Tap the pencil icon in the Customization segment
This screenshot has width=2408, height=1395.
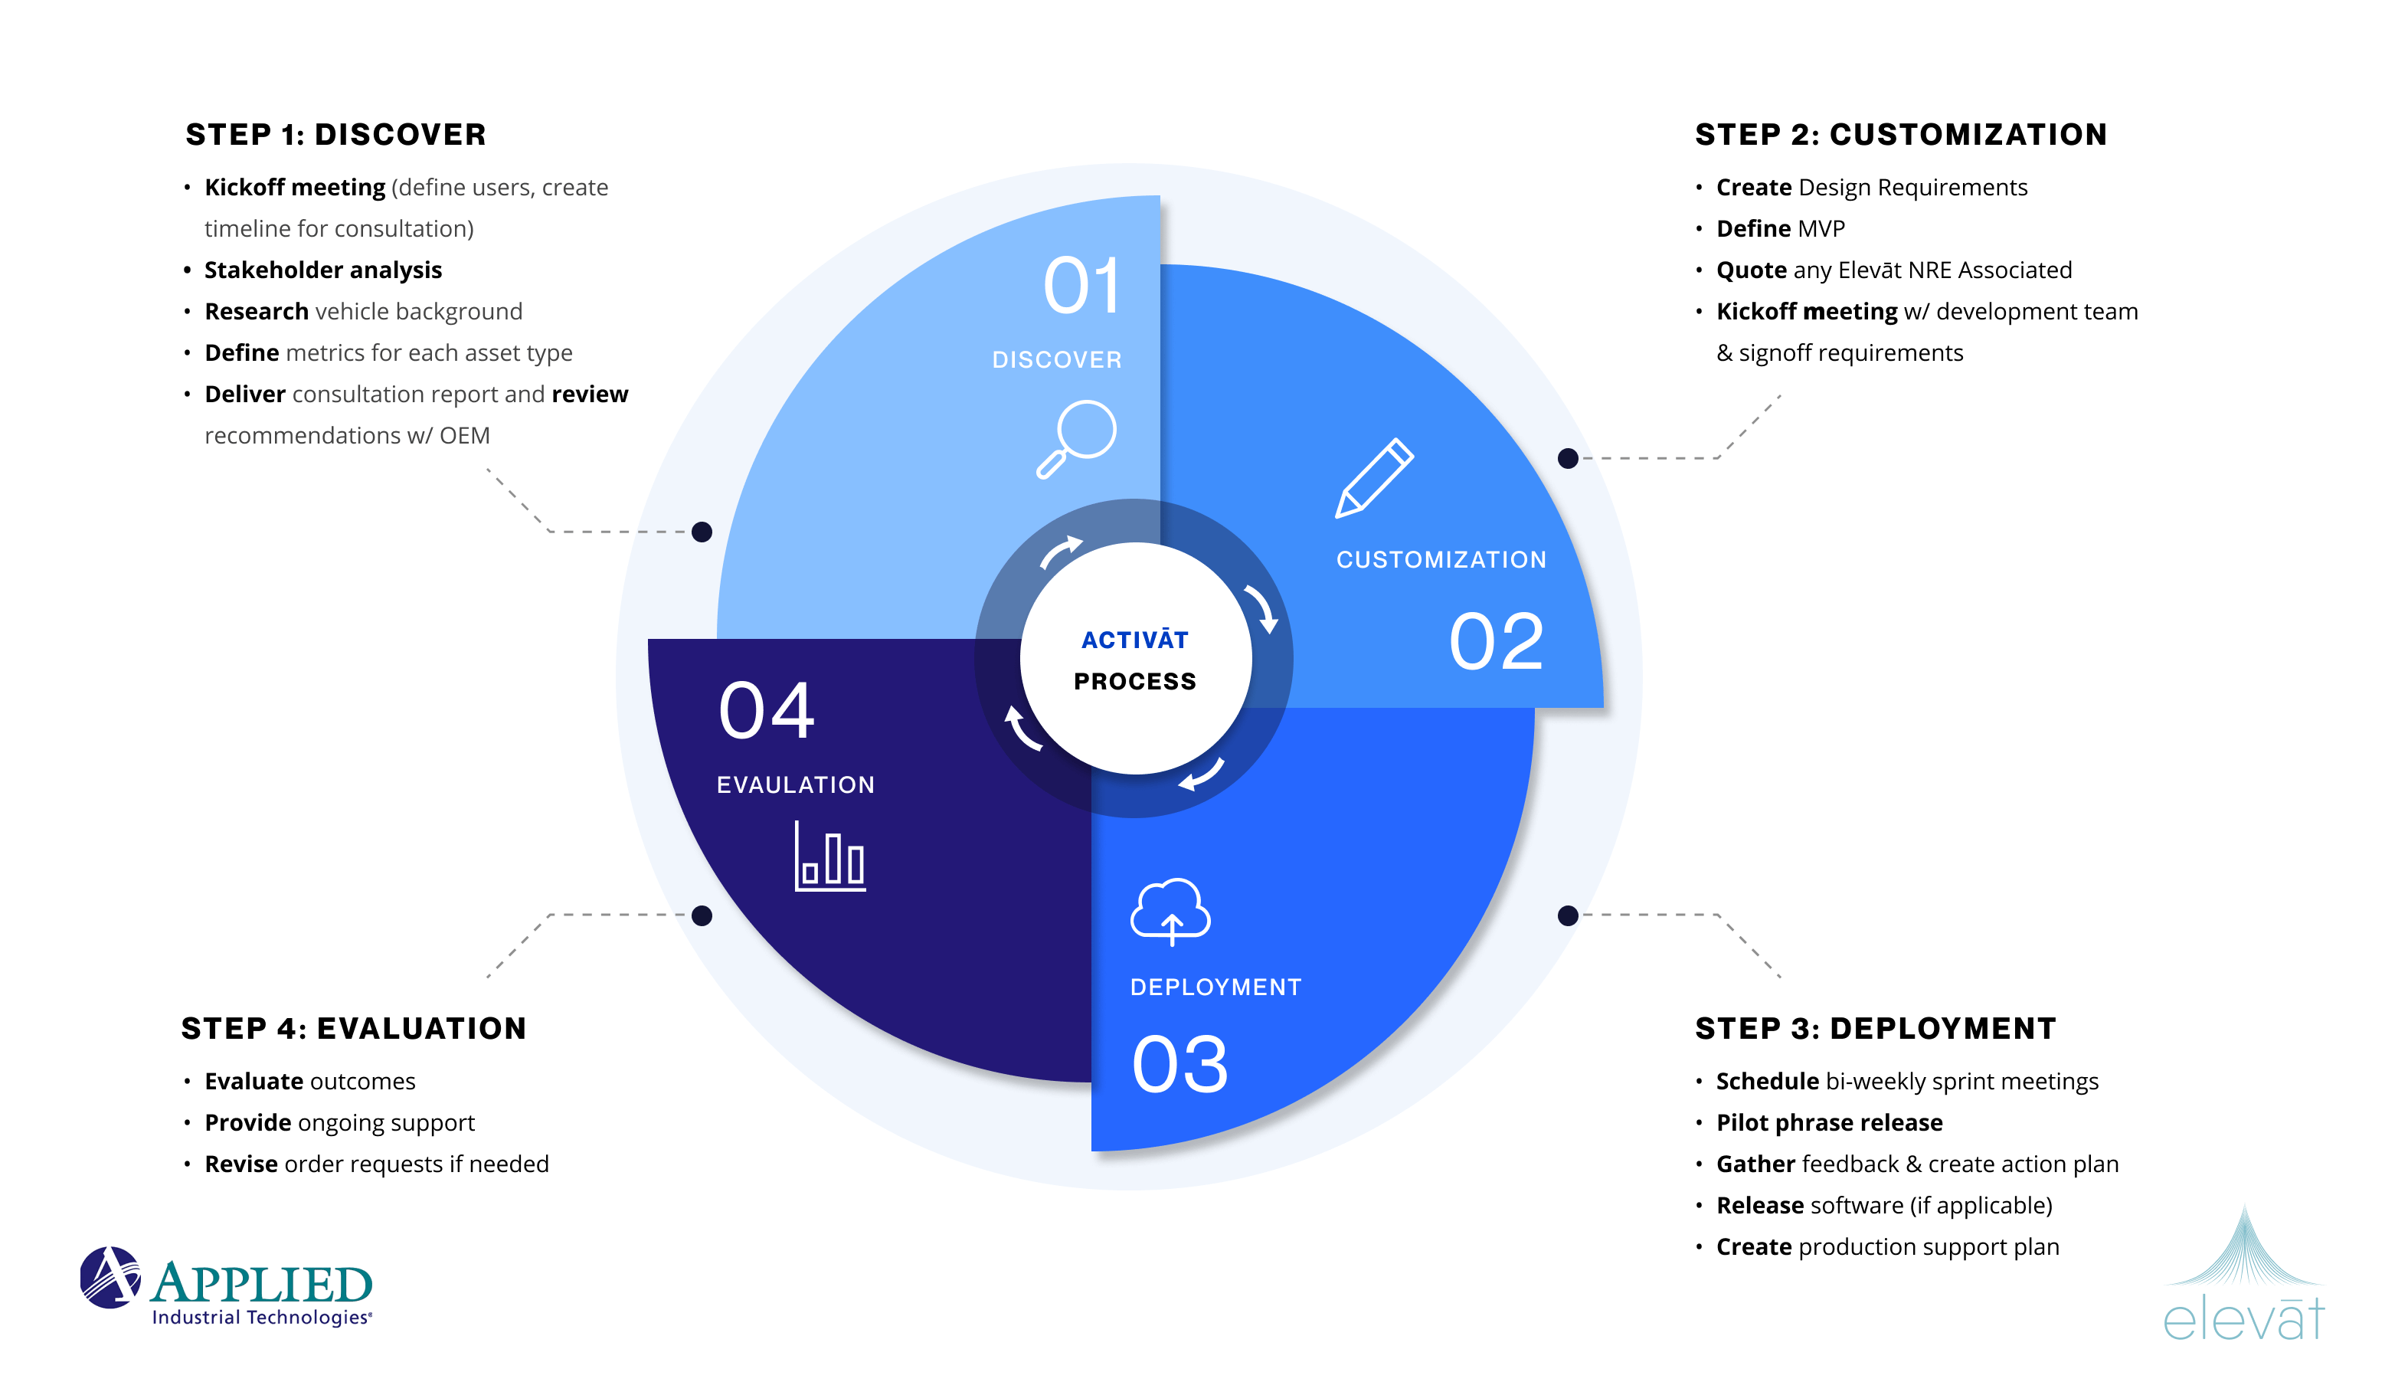pyautogui.click(x=1374, y=478)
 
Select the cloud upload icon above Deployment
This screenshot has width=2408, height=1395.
pyautogui.click(x=1170, y=911)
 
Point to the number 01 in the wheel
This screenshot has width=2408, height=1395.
pyautogui.click(x=1081, y=285)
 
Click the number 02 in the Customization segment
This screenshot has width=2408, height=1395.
pyautogui.click(x=1497, y=641)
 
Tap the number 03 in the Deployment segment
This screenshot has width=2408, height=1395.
pyautogui.click(x=1180, y=1063)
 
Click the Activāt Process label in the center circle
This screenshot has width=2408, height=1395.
pyautogui.click(x=1135, y=660)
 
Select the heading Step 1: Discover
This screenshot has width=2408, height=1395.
pyautogui.click(x=336, y=135)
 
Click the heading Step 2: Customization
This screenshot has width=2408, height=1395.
pyautogui.click(x=1902, y=135)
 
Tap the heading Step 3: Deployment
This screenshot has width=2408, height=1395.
pyautogui.click(x=1876, y=1028)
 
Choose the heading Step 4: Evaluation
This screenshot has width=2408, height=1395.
pyautogui.click(x=354, y=1028)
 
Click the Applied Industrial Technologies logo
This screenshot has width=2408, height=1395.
pyautogui.click(x=227, y=1286)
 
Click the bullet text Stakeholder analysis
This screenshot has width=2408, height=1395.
pyautogui.click(x=323, y=270)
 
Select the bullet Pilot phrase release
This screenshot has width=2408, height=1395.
pyautogui.click(x=1829, y=1123)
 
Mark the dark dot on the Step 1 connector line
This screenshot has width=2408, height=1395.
pyautogui.click(x=702, y=531)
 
